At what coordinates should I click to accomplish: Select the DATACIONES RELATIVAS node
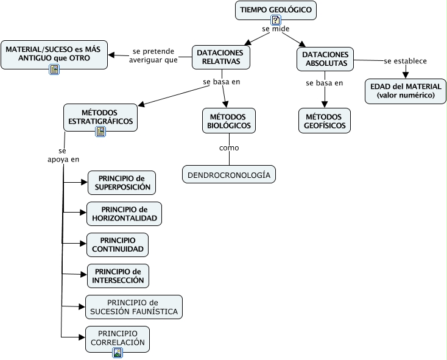(220, 57)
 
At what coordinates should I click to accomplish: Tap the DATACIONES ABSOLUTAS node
(325, 58)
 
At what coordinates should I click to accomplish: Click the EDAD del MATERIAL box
(406, 91)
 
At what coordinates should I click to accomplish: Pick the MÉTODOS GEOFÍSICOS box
(325, 121)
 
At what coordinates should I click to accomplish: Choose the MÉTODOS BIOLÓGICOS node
(229, 121)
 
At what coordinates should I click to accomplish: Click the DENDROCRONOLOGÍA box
(229, 175)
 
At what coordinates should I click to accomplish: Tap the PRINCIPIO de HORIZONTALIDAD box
(124, 213)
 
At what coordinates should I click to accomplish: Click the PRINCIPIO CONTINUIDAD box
(118, 244)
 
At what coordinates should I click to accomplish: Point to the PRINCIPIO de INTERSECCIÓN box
(118, 275)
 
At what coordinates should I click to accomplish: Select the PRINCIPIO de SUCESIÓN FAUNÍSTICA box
(134, 307)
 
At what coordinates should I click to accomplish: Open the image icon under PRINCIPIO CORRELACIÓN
(118, 352)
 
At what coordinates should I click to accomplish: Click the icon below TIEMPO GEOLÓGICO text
(276, 20)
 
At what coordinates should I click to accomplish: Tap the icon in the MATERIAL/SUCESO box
(54, 69)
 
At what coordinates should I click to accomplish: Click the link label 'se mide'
(275, 29)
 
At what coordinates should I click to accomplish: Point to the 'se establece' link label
(405, 61)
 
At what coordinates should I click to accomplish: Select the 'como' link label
(229, 148)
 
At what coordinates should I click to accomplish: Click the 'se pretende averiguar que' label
(153, 55)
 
